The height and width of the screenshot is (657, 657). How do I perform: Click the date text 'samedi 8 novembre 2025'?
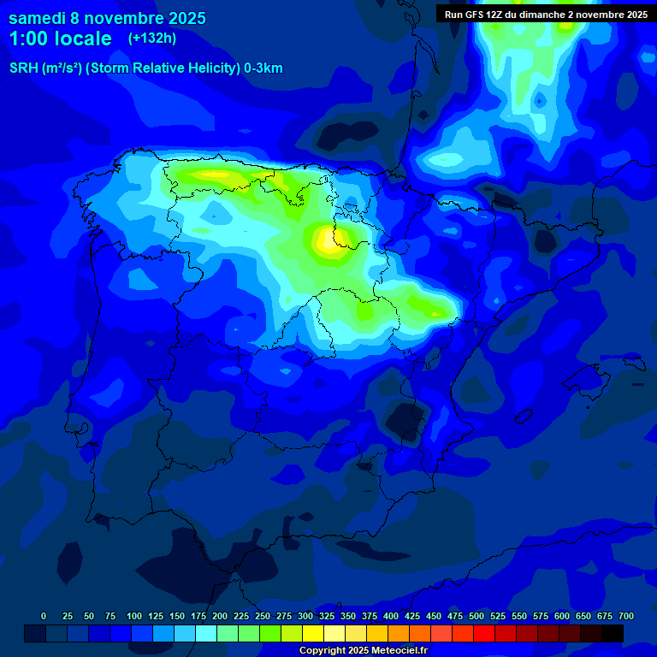[x=107, y=18]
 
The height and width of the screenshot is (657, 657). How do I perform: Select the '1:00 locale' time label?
[x=60, y=38]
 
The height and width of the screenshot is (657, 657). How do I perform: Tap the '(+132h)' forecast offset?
[x=152, y=38]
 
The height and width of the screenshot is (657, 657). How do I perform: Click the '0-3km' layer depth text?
[x=263, y=68]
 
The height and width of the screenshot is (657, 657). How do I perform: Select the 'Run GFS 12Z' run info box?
[x=546, y=14]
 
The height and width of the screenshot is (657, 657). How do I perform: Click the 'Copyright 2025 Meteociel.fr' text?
[x=363, y=650]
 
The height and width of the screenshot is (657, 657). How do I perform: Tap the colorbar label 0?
[x=44, y=616]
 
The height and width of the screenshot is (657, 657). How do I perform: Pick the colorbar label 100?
[x=134, y=616]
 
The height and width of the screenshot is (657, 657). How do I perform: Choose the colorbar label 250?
[x=263, y=616]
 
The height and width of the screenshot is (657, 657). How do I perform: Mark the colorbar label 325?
[x=327, y=616]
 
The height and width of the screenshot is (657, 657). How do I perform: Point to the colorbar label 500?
[x=476, y=616]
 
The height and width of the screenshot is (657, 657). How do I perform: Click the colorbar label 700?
[x=625, y=616]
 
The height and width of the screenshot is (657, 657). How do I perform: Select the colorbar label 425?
[x=412, y=616]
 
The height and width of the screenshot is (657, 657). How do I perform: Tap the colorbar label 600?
[x=562, y=616]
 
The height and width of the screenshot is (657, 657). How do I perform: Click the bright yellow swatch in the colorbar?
[x=313, y=633]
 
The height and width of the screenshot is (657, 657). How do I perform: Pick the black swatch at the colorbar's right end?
[x=613, y=633]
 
